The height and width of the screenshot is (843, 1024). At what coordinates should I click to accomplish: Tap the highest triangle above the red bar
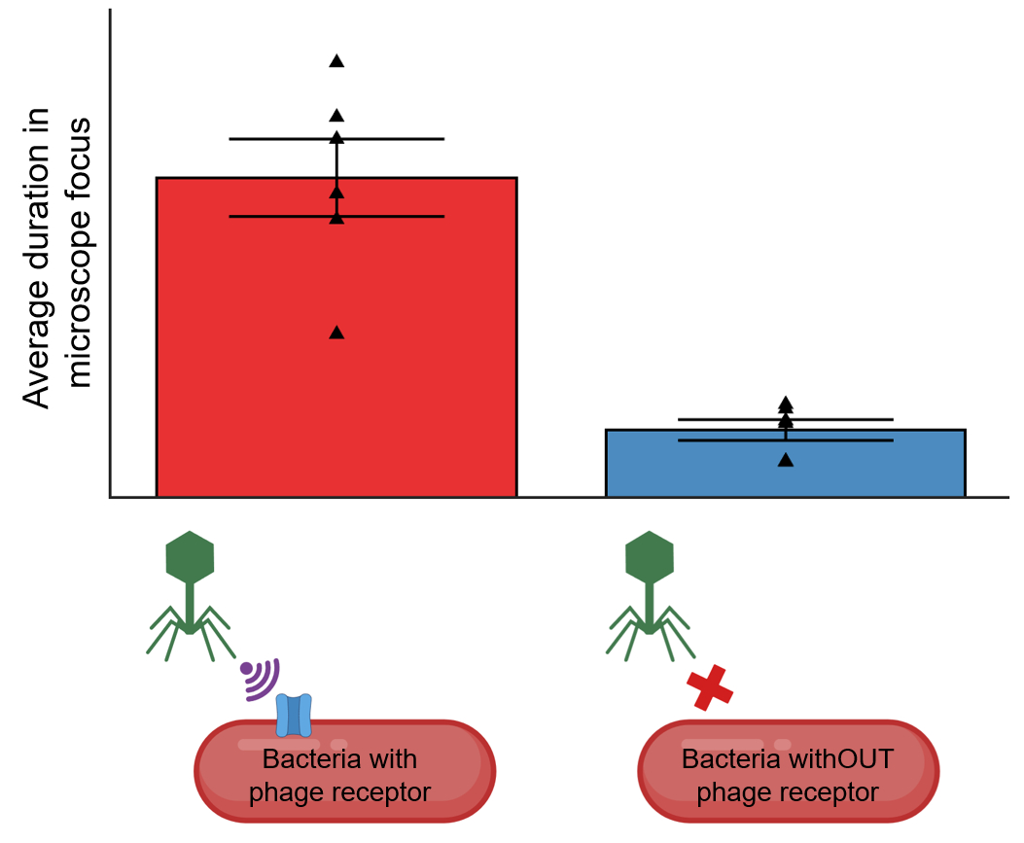point(336,61)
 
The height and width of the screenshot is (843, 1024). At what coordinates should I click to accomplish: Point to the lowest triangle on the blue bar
point(786,460)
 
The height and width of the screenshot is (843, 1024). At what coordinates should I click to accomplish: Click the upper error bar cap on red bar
point(336,139)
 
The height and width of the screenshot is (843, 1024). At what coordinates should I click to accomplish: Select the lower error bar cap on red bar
point(336,216)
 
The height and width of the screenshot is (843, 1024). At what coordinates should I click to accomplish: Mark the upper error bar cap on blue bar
point(786,420)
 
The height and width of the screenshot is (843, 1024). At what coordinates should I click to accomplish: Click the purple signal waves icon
point(261,678)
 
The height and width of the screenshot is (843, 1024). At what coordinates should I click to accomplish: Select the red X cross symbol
point(710,688)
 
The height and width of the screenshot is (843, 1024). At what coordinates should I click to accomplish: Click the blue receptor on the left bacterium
point(294,715)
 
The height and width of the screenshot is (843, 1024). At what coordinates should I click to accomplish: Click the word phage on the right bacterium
point(730,792)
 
